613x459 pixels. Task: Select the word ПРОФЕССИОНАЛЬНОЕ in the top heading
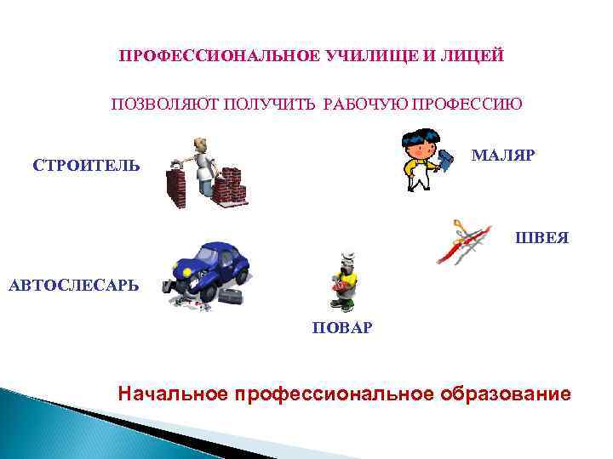coord(221,56)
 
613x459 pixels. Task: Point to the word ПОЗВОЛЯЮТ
coord(165,105)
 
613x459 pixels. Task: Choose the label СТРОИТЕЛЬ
coord(86,164)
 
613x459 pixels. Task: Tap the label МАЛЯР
coord(502,156)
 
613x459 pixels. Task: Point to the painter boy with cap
coord(422,161)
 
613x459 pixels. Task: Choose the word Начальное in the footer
coord(174,394)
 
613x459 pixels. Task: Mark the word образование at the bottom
coord(506,394)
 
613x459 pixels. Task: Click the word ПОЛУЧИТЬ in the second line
coord(272,105)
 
